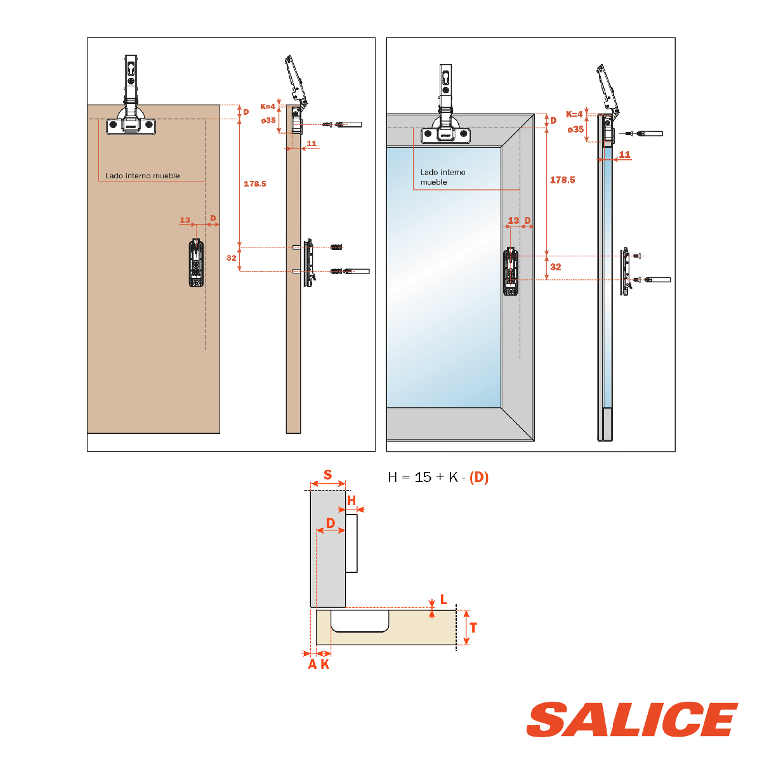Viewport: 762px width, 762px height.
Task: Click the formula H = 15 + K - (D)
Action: (x=438, y=478)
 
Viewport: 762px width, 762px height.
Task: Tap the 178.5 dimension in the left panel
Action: (x=254, y=184)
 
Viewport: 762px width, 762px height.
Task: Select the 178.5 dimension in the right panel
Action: (x=562, y=180)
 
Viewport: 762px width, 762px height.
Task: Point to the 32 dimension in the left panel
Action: (x=232, y=258)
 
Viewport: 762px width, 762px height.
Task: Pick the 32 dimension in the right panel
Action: (x=556, y=267)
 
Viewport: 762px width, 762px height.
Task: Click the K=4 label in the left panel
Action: (x=268, y=107)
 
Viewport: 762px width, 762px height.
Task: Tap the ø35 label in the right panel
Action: (x=575, y=129)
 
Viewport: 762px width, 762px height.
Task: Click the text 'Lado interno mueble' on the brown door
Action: (x=142, y=176)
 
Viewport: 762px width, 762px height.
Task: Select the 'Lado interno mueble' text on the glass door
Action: (x=442, y=177)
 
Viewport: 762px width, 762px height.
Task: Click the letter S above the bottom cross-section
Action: (x=327, y=475)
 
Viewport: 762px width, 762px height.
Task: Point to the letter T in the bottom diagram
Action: (x=473, y=627)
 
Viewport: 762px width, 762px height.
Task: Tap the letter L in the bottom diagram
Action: (x=443, y=600)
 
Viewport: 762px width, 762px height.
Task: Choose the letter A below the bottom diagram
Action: (x=312, y=664)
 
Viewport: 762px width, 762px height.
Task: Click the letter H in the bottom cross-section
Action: (x=351, y=501)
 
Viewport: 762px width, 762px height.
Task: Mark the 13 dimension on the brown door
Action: (x=185, y=220)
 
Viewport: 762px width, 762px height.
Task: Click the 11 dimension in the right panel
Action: (x=624, y=154)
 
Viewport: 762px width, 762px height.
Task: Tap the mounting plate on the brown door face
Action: (x=196, y=262)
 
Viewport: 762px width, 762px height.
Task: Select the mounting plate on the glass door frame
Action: (x=511, y=272)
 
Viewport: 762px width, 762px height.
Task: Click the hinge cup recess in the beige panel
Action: (x=360, y=621)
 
